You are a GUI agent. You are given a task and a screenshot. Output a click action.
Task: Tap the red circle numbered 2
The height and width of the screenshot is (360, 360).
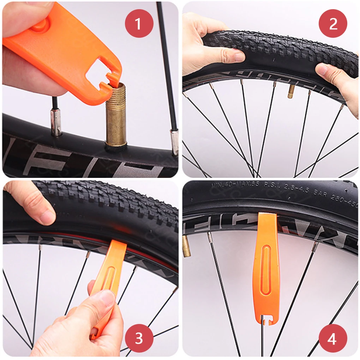pos(333,24)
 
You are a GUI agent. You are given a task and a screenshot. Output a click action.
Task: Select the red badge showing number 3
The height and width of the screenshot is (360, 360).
pos(139,338)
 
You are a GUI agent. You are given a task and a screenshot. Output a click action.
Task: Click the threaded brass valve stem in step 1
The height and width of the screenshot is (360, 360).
pos(116,116)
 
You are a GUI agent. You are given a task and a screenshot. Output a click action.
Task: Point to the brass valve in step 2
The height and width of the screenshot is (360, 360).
pos(291,91)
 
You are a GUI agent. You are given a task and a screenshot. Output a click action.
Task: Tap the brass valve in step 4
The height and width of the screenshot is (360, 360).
pos(186,246)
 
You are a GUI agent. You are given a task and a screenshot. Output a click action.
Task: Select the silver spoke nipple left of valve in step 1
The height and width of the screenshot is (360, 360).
pos(56,122)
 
